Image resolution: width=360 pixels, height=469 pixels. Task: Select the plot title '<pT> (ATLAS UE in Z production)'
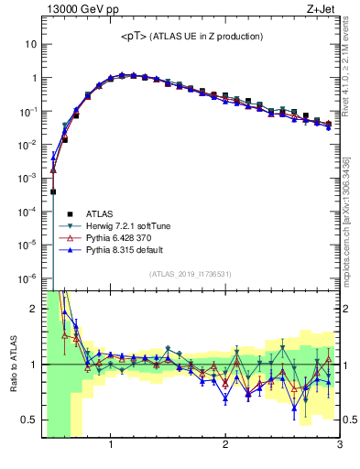(x=191, y=36)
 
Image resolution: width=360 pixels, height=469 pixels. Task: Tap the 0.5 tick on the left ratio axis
(x=32, y=420)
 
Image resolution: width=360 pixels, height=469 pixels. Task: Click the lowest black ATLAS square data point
(x=53, y=191)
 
